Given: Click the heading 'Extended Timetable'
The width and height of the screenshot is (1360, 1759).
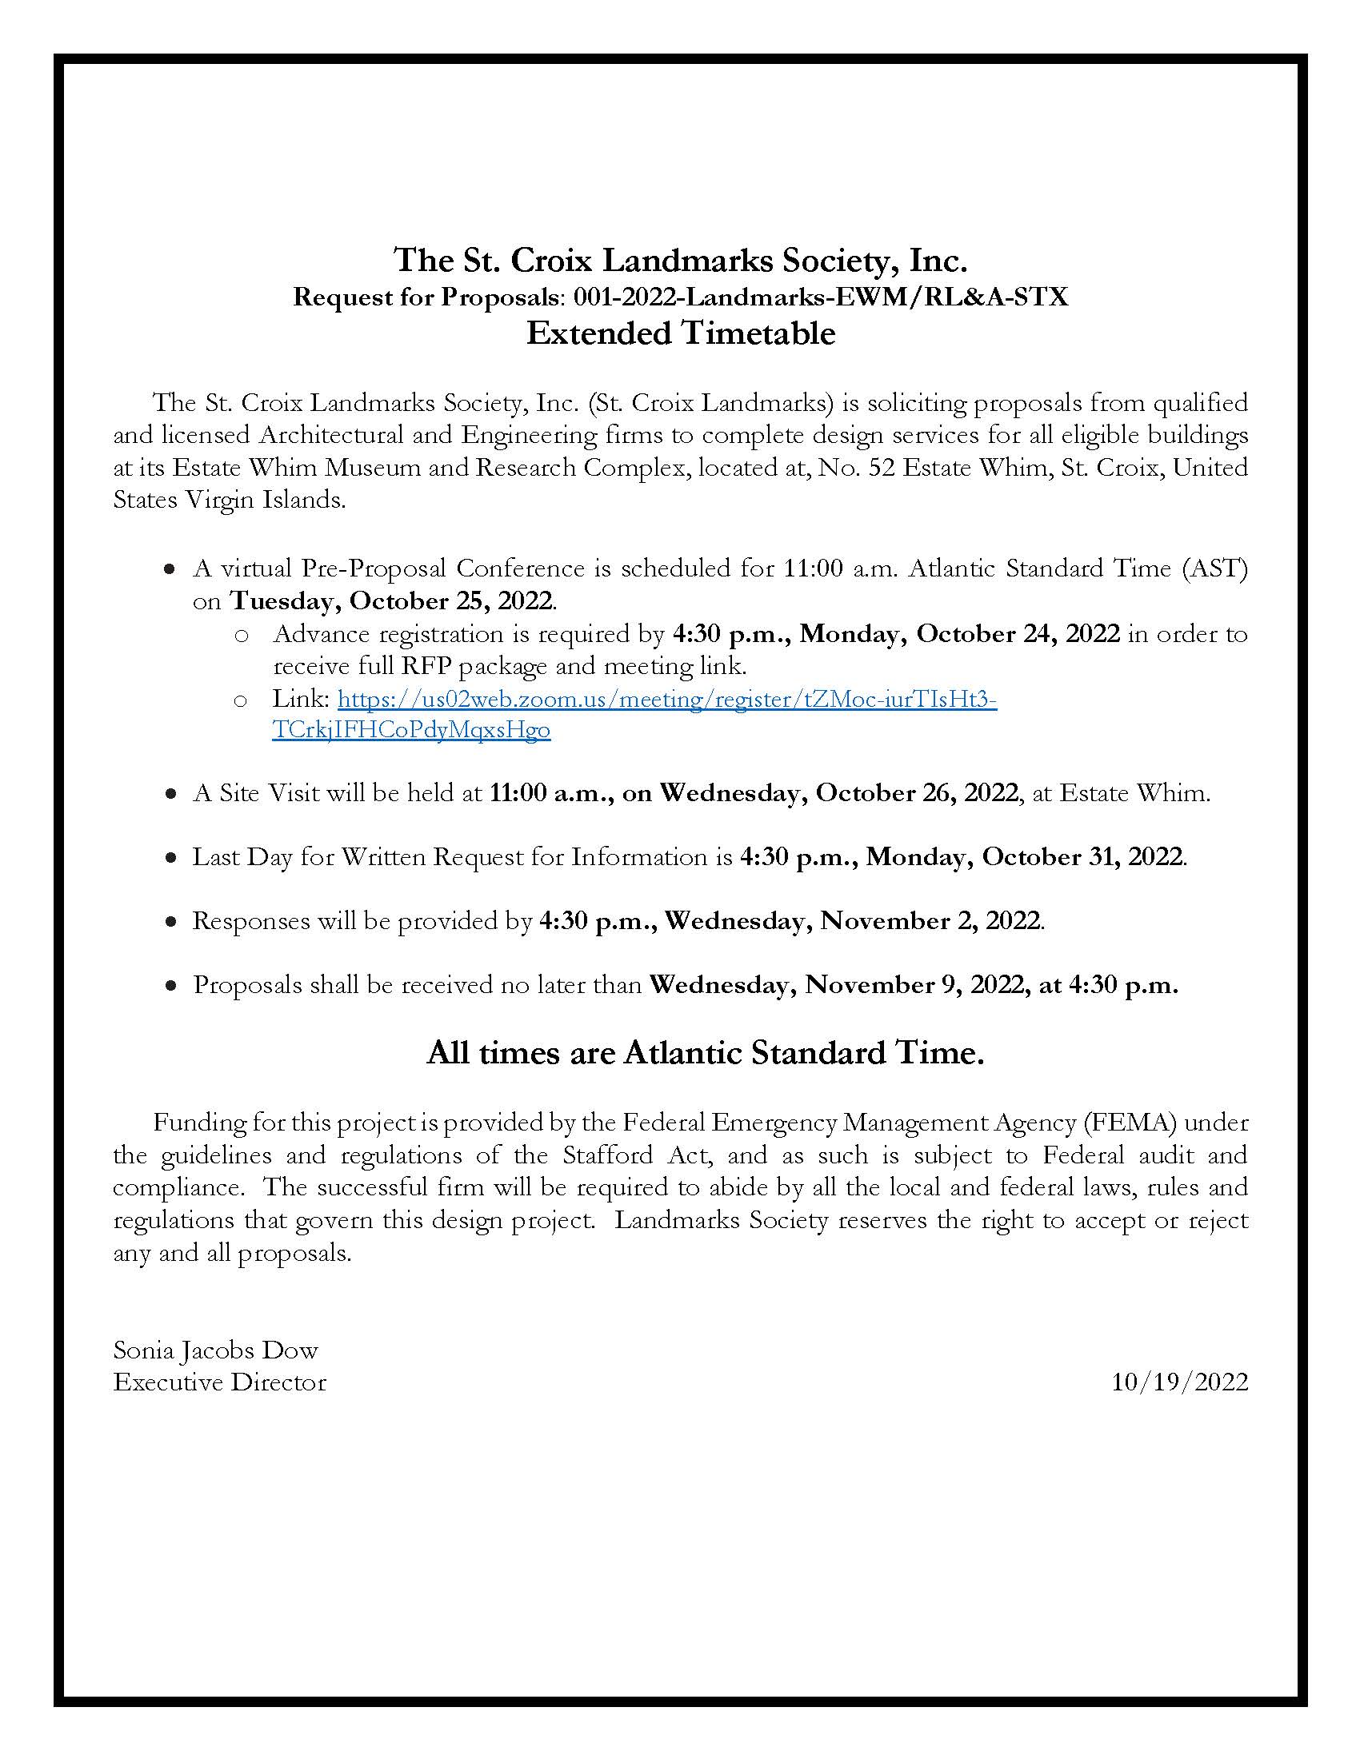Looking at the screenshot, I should click(x=680, y=333).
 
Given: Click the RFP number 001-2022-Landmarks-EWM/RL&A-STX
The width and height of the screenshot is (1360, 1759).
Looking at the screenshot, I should click(x=820, y=297).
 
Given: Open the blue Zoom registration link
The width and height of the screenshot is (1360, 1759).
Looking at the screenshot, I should click(x=666, y=699).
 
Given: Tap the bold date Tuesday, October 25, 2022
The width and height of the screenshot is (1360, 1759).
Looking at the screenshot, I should click(x=392, y=601).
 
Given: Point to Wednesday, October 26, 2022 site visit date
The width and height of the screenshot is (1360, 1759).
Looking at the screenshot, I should click(x=838, y=793).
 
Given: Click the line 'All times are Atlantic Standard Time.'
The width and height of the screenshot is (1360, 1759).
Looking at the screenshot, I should click(x=705, y=1053).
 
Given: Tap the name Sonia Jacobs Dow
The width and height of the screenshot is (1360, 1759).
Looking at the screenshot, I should click(x=215, y=1350).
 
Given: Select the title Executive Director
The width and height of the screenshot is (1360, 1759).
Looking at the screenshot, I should click(x=219, y=1382).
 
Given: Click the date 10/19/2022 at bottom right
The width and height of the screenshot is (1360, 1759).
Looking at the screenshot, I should click(x=1179, y=1382).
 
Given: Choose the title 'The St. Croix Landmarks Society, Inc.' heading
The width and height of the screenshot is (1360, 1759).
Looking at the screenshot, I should click(x=680, y=260).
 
